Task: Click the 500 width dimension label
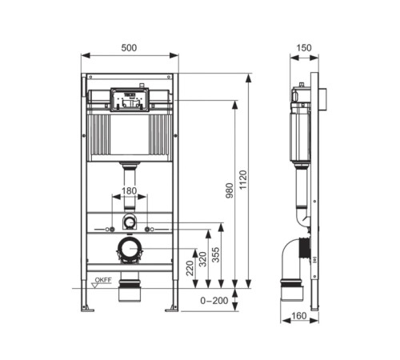(129, 48)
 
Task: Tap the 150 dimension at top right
(304, 48)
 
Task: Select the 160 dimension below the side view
(299, 316)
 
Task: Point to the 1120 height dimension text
(243, 180)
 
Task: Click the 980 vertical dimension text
(230, 190)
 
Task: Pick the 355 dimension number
(215, 255)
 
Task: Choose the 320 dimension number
(203, 259)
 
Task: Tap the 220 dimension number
(190, 268)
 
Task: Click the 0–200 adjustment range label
(214, 301)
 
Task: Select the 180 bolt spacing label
(129, 191)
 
